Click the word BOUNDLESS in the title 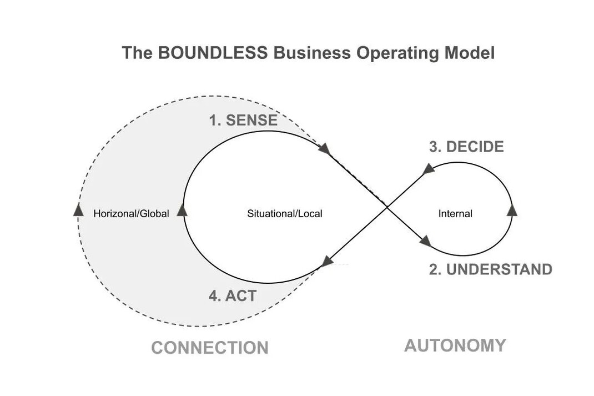(213, 52)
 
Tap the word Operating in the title (396, 53)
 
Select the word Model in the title (469, 52)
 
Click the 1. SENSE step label (243, 120)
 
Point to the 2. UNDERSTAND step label (491, 269)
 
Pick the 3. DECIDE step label (466, 147)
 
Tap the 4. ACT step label (233, 296)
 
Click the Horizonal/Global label (131, 214)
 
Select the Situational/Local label (284, 214)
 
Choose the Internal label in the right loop (455, 214)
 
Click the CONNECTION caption (210, 348)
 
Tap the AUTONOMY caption (455, 345)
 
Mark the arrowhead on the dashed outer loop (78, 209)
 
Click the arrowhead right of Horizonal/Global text (182, 210)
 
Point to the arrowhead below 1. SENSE (325, 148)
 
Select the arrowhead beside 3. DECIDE (428, 169)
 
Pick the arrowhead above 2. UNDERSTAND (426, 240)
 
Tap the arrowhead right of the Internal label (512, 209)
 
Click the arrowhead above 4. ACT (328, 261)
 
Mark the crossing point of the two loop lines (387, 206)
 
